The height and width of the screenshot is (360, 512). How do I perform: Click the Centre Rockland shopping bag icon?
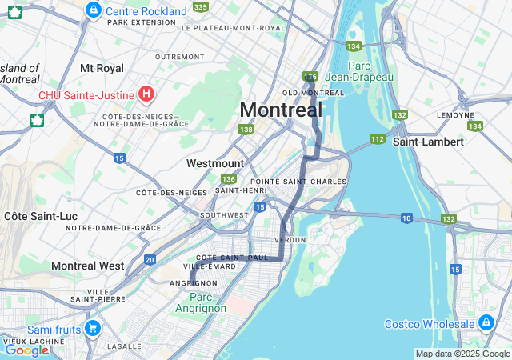(x=94, y=10)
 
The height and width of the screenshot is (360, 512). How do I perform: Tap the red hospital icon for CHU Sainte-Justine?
(x=146, y=94)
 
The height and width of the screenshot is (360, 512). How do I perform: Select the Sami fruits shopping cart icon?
(x=92, y=328)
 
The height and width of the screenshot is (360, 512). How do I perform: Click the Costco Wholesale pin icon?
(x=486, y=322)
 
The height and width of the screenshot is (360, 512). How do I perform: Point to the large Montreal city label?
(x=281, y=110)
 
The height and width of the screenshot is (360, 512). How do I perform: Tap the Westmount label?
(x=215, y=163)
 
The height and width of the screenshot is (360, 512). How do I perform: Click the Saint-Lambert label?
(x=428, y=142)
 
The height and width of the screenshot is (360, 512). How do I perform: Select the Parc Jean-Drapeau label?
(x=371, y=71)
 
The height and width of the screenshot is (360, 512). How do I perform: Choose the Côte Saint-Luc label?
(x=35, y=216)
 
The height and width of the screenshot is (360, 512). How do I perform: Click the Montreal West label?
(x=88, y=266)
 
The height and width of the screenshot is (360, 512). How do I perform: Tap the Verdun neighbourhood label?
(x=290, y=240)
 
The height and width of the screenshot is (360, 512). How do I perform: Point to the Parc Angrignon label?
(x=200, y=302)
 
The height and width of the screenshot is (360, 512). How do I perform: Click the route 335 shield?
(x=200, y=6)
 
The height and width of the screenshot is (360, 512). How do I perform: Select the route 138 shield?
(x=246, y=129)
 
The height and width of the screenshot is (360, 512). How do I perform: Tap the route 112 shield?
(x=378, y=139)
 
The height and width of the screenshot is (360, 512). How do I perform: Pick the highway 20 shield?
(x=150, y=260)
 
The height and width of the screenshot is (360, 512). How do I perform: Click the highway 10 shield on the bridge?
(x=406, y=218)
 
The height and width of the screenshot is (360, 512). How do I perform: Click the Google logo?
(x=26, y=350)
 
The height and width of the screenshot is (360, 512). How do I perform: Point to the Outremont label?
(x=180, y=57)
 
